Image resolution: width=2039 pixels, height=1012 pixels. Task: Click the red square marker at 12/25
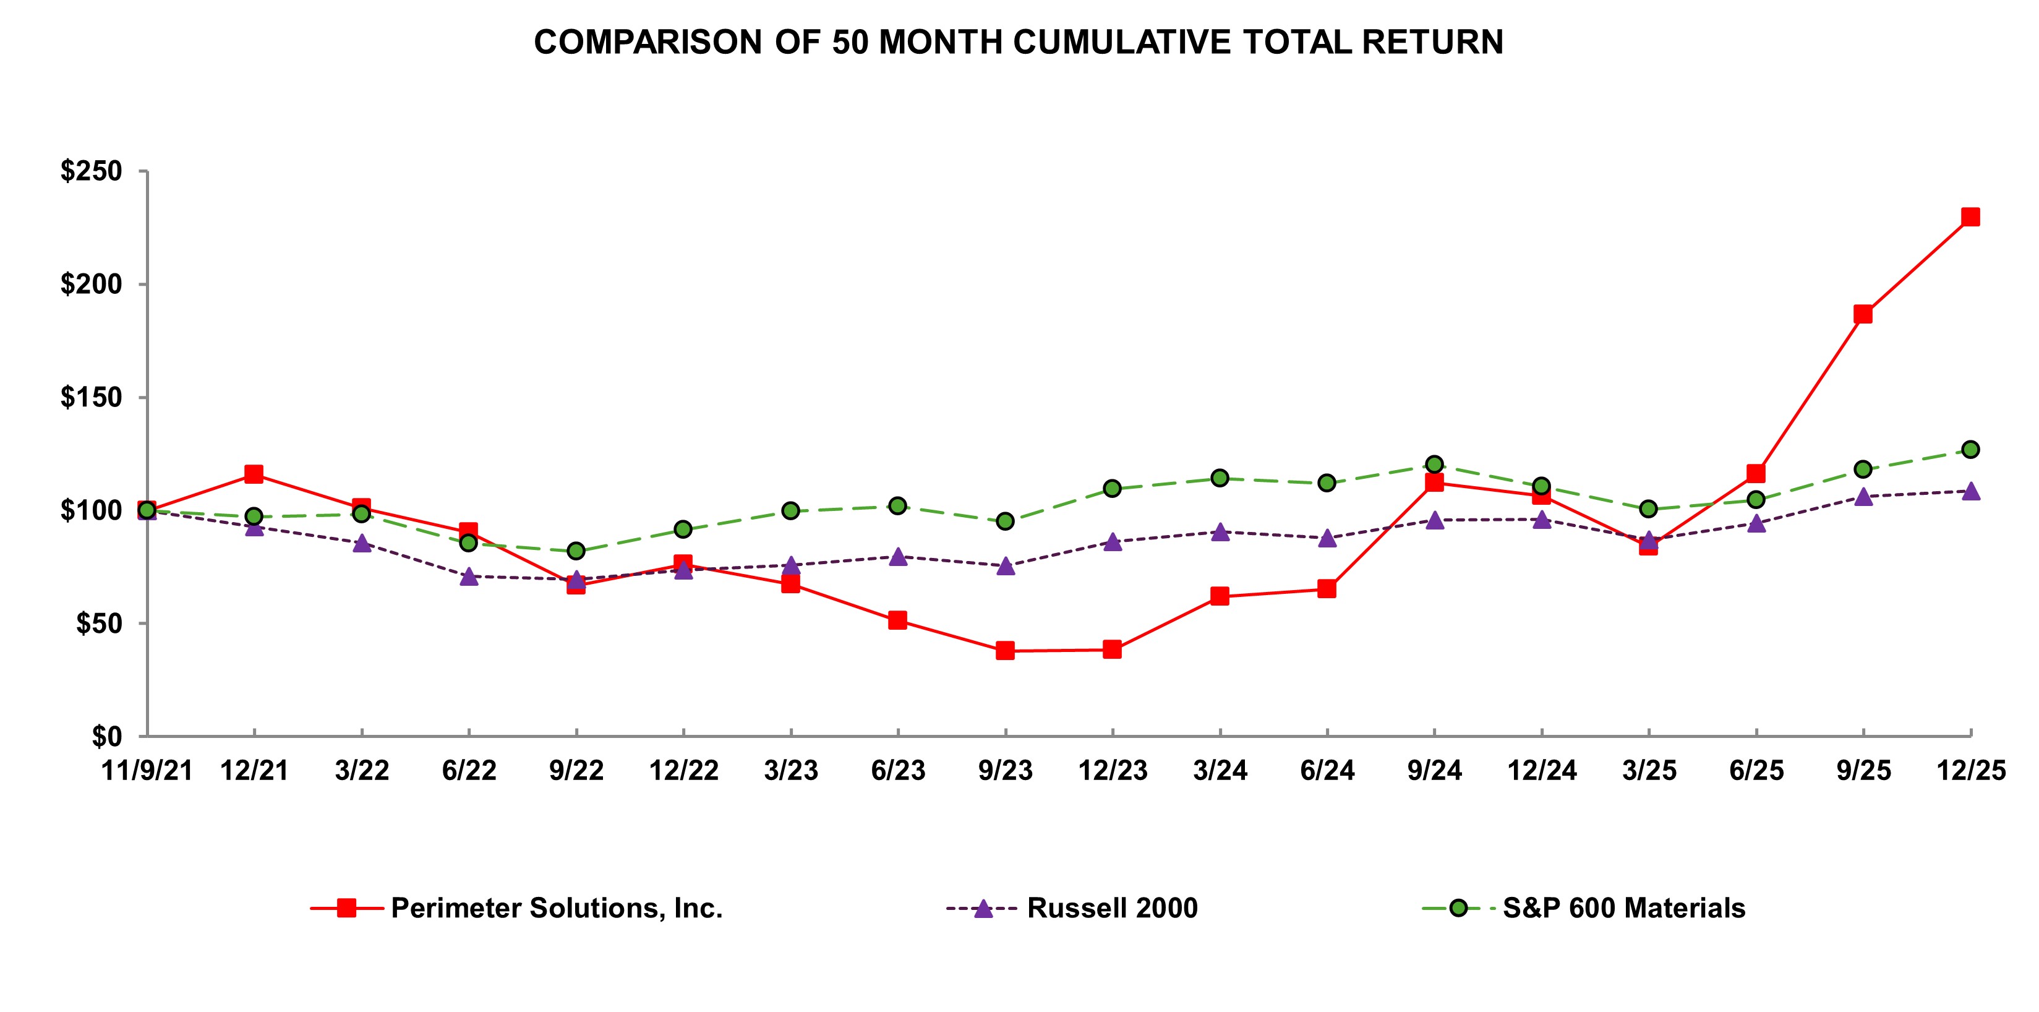coord(1970,217)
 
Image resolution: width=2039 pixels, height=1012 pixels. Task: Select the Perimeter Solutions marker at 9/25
coord(1863,314)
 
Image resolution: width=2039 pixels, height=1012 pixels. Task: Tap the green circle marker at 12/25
coord(1970,449)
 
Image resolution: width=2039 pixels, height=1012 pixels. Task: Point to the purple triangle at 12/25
coord(1970,492)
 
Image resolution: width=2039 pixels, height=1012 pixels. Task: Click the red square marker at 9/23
coord(1005,651)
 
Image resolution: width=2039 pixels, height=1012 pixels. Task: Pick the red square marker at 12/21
coord(254,474)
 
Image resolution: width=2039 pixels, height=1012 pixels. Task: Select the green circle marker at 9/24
coord(1434,464)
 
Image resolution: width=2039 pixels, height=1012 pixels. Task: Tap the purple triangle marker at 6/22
coord(469,577)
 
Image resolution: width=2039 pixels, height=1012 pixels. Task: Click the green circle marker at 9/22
coord(576,551)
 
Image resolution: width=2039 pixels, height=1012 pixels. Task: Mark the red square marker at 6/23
coord(897,620)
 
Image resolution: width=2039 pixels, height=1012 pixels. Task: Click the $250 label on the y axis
coord(92,171)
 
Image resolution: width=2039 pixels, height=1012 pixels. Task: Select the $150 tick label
coord(92,398)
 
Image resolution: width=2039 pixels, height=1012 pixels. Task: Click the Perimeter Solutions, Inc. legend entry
coord(557,908)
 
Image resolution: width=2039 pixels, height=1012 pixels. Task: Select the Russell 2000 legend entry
coord(1112,908)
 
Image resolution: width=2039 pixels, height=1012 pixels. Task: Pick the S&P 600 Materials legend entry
coord(1623,908)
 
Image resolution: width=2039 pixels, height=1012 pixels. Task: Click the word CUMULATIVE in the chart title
coord(1122,42)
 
